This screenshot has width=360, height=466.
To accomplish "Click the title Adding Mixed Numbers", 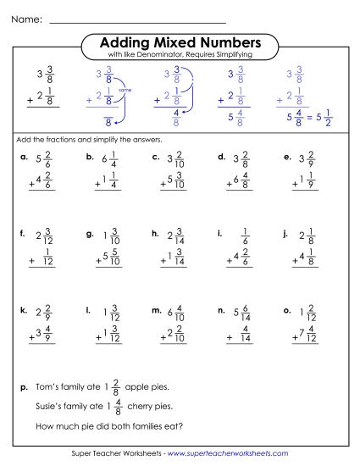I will pos(180,42).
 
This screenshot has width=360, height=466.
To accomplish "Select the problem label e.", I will pos(289,157).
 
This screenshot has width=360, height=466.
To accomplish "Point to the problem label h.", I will pos(155,233).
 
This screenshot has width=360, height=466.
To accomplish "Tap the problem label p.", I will pos(24,387).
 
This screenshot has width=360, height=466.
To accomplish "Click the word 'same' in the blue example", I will pos(125,89).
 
